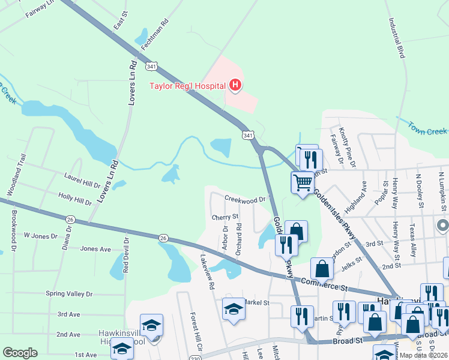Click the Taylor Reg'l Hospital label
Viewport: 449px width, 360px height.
(186, 86)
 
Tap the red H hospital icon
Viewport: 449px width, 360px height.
(235, 86)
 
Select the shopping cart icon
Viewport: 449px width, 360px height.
(303, 181)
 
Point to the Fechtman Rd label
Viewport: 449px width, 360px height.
(155, 37)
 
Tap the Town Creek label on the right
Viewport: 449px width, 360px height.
(427, 128)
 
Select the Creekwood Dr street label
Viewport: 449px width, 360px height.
(245, 199)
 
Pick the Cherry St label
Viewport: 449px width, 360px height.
(225, 217)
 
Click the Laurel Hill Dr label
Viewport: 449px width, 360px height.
(82, 179)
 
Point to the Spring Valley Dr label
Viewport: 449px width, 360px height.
(69, 293)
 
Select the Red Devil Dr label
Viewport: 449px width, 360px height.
(126, 256)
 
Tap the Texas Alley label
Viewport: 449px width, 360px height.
(412, 241)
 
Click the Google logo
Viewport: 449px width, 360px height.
(20, 352)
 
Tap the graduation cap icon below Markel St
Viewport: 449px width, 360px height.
(234, 310)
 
